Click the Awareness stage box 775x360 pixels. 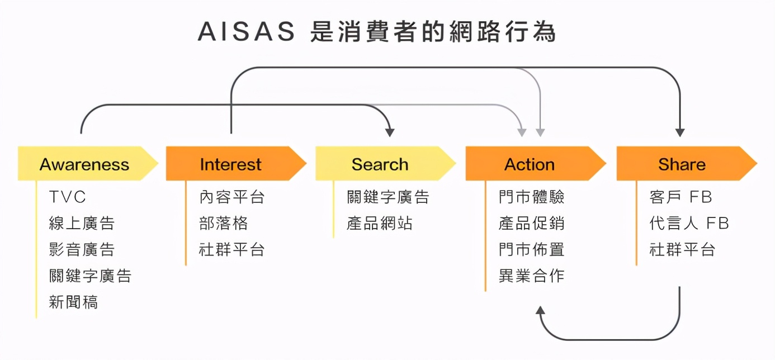(x=84, y=164)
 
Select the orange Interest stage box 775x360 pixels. (x=231, y=164)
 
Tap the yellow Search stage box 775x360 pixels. (x=380, y=164)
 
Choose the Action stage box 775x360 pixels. (x=530, y=164)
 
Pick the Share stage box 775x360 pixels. (x=682, y=164)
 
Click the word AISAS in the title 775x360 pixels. (x=246, y=32)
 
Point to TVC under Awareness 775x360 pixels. (x=67, y=197)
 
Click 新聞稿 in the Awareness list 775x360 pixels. (x=73, y=302)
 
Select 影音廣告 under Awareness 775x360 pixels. (x=82, y=250)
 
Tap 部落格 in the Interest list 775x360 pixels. (x=223, y=224)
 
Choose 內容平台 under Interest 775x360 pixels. (x=231, y=197)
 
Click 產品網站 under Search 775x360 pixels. (x=380, y=224)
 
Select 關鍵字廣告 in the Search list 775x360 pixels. (x=387, y=197)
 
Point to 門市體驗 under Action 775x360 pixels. (x=531, y=197)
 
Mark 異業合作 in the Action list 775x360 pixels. (x=531, y=276)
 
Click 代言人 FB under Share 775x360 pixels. (x=689, y=224)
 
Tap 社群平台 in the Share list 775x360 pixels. (x=682, y=250)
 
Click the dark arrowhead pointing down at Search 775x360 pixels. (x=390, y=132)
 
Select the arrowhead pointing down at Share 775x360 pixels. (x=680, y=132)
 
